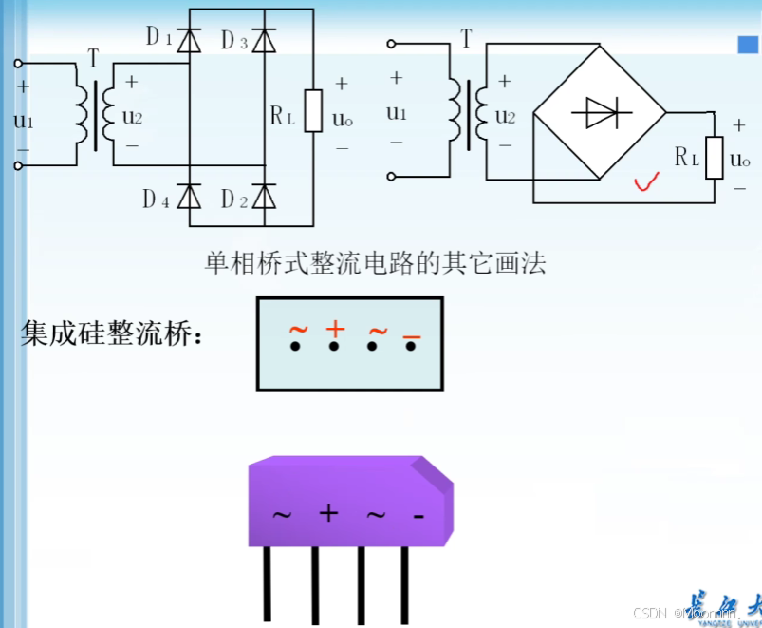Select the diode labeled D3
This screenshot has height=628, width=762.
pyautogui.click(x=265, y=40)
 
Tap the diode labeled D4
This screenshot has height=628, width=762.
pyautogui.click(x=190, y=197)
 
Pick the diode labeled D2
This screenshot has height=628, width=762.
pyautogui.click(x=265, y=197)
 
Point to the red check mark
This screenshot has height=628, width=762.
pyautogui.click(x=648, y=180)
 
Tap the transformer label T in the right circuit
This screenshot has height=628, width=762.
pyautogui.click(x=466, y=40)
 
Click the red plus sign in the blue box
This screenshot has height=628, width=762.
pyautogui.click(x=334, y=329)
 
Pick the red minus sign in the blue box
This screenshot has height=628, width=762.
pyautogui.click(x=411, y=337)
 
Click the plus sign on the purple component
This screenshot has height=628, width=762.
pyautogui.click(x=328, y=514)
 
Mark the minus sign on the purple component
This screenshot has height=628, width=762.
pyautogui.click(x=418, y=516)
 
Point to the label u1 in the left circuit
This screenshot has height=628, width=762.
pyautogui.click(x=23, y=121)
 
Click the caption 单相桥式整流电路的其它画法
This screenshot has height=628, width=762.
pyautogui.click(x=376, y=262)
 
